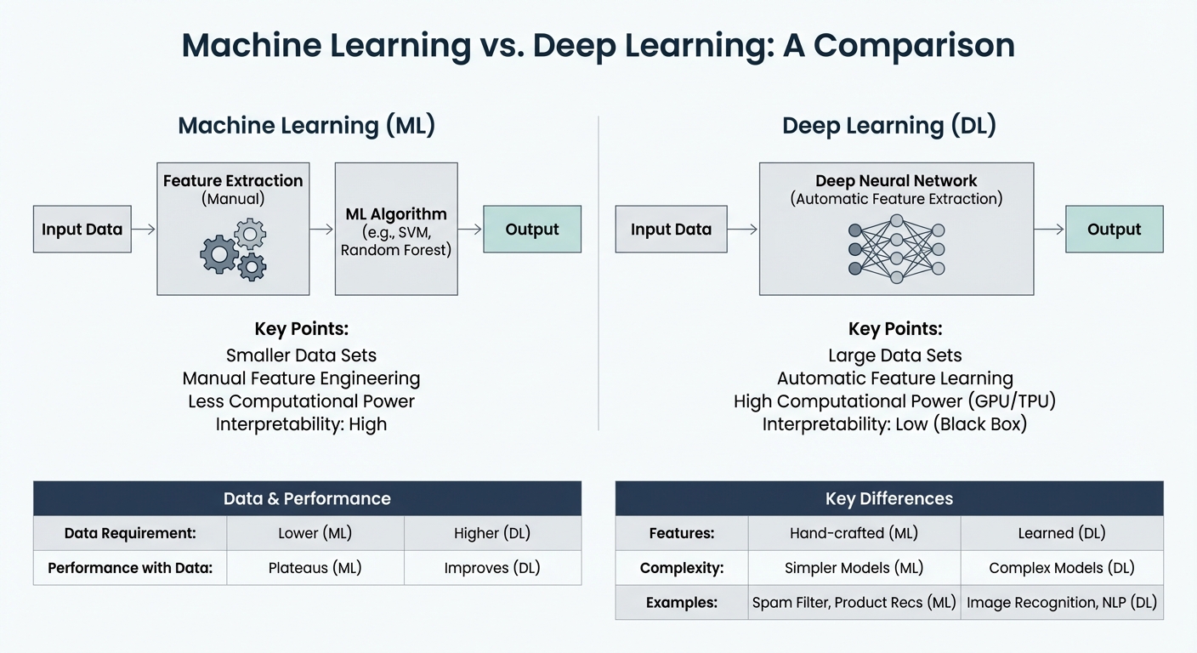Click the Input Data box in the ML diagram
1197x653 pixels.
(82, 229)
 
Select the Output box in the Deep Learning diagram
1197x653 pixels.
(1114, 229)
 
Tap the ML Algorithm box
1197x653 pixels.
(396, 230)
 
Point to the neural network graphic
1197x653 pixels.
(896, 248)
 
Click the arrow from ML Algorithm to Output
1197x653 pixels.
(470, 229)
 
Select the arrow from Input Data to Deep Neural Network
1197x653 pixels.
(741, 229)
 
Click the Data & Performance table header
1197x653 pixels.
(307, 498)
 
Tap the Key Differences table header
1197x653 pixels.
(888, 498)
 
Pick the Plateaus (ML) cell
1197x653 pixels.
(315, 568)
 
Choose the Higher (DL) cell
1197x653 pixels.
(492, 533)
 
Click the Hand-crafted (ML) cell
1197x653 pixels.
(854, 533)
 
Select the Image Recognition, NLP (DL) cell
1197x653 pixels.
(1062, 603)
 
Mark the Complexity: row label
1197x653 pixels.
(682, 568)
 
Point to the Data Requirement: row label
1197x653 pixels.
(130, 533)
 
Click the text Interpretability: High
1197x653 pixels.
(301, 423)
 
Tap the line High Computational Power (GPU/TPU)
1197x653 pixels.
(895, 400)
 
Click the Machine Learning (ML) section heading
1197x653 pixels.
(306, 126)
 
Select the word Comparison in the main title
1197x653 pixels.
(914, 46)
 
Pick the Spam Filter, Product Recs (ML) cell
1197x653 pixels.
(854, 603)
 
